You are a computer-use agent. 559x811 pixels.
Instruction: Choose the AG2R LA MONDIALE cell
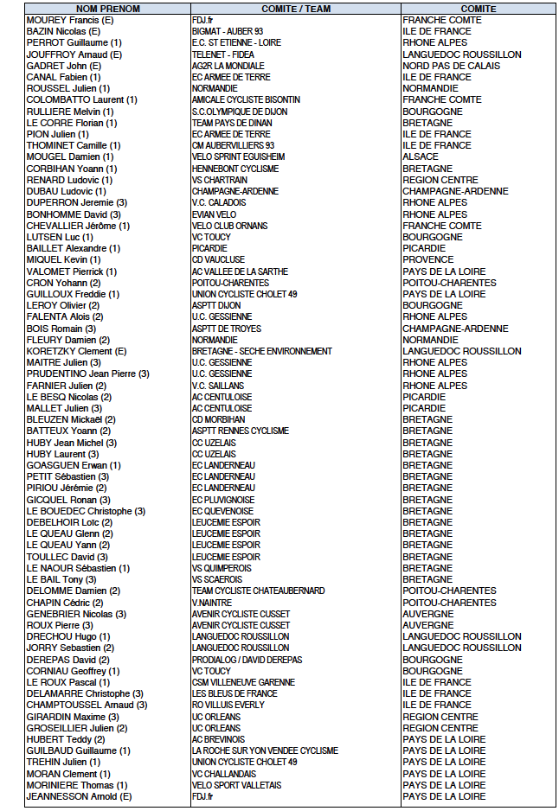click(228, 66)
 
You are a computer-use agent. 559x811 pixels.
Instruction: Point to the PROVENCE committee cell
click(428, 259)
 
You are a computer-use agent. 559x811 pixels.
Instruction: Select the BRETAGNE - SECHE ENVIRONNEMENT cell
click(261, 351)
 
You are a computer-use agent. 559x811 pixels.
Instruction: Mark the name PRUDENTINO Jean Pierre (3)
click(88, 374)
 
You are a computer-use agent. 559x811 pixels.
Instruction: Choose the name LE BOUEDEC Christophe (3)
click(86, 511)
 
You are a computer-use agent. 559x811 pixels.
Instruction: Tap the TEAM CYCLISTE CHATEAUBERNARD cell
click(258, 591)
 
